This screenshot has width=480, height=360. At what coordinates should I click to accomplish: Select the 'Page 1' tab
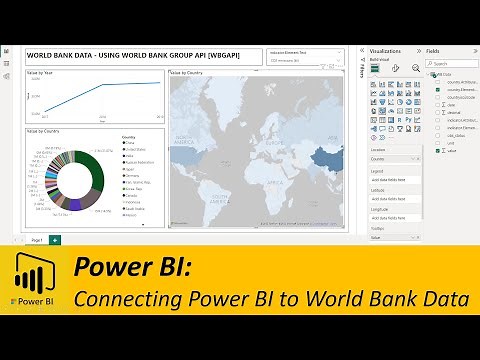[x=36, y=240]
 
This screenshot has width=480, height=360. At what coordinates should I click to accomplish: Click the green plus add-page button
[x=54, y=240]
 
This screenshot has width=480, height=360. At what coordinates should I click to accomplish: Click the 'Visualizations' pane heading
[x=386, y=50]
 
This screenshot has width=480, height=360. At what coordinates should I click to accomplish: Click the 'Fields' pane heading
[x=433, y=50]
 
